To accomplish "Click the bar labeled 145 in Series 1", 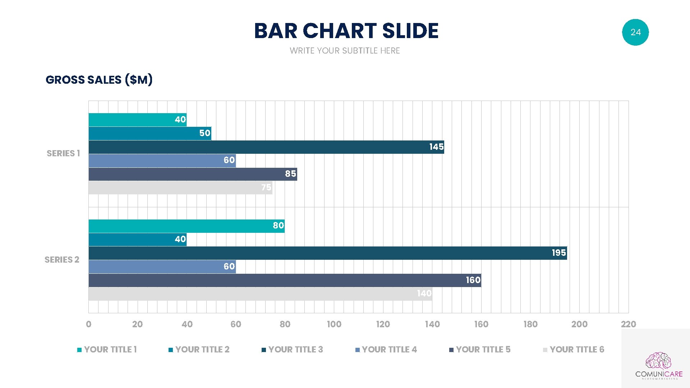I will tap(266, 147).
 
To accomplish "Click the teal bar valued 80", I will tap(186, 226).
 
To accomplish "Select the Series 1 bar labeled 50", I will tap(149, 133).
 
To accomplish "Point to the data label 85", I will tap(290, 174).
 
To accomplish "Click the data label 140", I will tap(424, 294).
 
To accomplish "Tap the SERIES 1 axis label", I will tap(63, 153).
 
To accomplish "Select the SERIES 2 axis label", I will tap(62, 260).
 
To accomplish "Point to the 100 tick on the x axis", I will tap(334, 324).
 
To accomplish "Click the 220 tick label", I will tap(628, 324).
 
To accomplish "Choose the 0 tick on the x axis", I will tap(89, 324).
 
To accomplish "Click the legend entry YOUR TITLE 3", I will tap(295, 350).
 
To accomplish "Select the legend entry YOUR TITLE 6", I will tap(576, 350).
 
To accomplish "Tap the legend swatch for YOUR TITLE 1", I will tap(79, 350).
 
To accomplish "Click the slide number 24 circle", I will tap(635, 32).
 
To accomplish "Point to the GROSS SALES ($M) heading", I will tap(99, 79).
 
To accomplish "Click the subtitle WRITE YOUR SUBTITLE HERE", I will tap(345, 51).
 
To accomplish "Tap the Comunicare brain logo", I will tap(658, 361).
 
